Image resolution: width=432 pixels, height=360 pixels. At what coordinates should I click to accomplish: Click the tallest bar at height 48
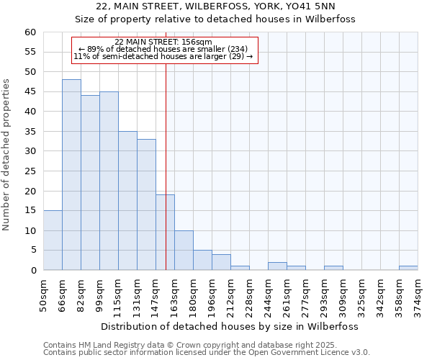tap(71, 175)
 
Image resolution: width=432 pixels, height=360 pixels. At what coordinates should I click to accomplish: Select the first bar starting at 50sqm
tap(53, 240)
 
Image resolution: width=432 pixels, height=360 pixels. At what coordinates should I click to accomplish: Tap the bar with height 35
tap(127, 201)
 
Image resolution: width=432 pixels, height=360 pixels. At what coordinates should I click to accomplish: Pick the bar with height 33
tap(146, 204)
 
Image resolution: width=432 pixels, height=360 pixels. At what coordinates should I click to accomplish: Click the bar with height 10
tap(184, 251)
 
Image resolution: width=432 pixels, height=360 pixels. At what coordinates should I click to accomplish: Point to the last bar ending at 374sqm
tap(408, 268)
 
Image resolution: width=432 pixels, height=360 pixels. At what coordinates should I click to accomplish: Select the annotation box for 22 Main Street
tap(164, 50)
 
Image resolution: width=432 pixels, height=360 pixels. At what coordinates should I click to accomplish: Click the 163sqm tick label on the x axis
tap(174, 294)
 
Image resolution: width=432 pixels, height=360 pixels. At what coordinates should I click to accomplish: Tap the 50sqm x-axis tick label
tap(43, 294)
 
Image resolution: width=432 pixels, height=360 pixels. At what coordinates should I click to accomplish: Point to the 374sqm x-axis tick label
tap(418, 294)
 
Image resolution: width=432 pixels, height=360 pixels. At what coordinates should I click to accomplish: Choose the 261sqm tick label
tap(287, 294)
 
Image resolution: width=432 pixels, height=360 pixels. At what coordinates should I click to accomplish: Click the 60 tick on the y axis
tap(30, 32)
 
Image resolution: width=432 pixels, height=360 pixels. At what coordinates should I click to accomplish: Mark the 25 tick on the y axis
tap(30, 171)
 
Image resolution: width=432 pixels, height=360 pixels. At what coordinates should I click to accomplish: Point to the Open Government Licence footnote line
tap(207, 353)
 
